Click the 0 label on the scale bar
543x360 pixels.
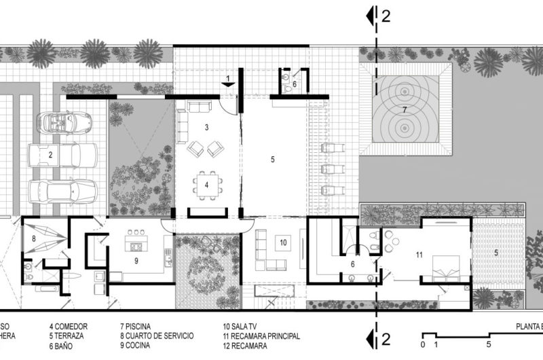[423, 344]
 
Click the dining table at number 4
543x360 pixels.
[207, 184]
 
